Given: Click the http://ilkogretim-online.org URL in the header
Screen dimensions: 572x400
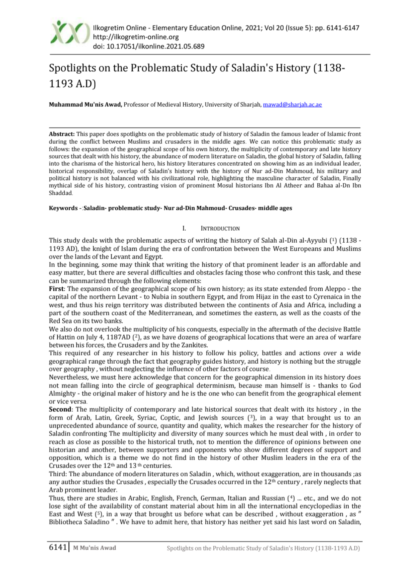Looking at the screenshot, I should tap(136, 37).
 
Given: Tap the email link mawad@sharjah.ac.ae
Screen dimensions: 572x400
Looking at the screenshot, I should tap(292, 105).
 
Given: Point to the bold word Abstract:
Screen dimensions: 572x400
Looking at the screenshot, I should tap(62, 134).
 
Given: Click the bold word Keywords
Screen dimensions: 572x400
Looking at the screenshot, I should tap(63, 208).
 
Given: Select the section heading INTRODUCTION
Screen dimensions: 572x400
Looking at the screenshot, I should tap(220, 228).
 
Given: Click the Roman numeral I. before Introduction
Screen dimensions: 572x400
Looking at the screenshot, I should tap(184, 228).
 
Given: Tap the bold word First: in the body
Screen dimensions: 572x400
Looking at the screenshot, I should tap(57, 289).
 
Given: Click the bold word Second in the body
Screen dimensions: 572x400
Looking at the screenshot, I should tap(60, 409).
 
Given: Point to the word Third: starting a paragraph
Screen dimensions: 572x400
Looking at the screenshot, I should tap(58, 474).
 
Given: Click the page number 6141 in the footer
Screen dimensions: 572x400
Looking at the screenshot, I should tap(58, 547).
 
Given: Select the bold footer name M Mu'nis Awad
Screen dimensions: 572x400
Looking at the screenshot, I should tap(94, 548).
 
